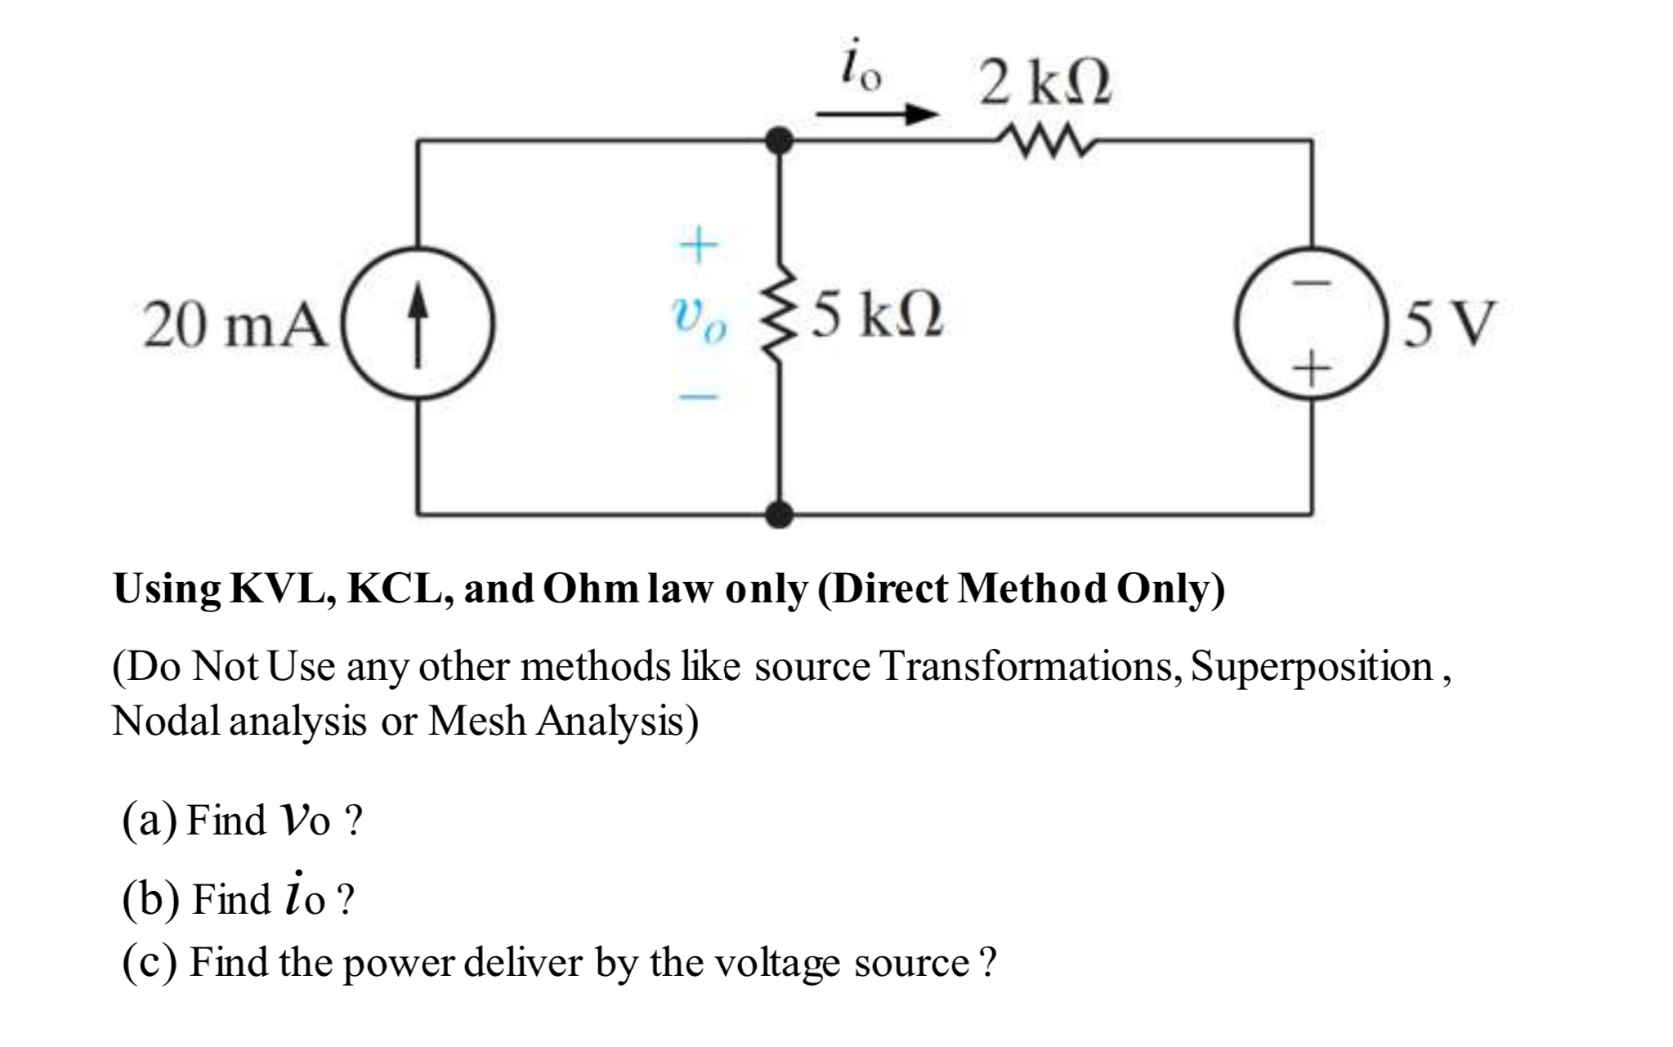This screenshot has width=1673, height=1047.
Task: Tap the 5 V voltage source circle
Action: (x=1310, y=323)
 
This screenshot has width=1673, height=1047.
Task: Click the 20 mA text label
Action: (x=233, y=324)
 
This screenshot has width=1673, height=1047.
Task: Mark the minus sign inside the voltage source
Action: (x=1311, y=283)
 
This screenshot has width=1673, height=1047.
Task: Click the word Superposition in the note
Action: (x=1311, y=669)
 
